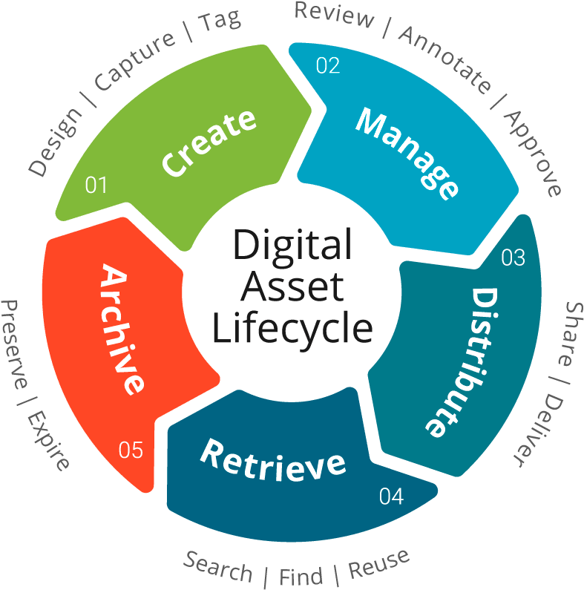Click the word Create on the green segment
coord(209,143)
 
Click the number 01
coord(96,185)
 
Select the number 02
coord(327,65)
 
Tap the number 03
coord(513,258)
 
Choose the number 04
coord(391,496)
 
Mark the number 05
coord(131,450)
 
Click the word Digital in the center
coord(292,246)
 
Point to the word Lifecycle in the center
coord(292,329)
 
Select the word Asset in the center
coord(293,287)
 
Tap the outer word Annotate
coord(444,59)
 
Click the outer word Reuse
coord(378,563)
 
